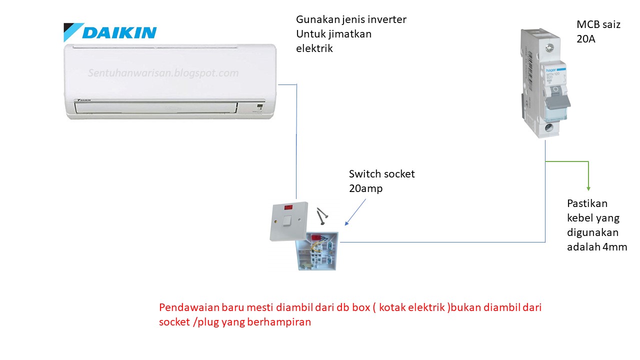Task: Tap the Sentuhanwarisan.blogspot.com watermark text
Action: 163,73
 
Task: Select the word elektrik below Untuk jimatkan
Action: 314,48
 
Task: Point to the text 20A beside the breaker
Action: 585,39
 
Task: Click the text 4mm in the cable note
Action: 617,247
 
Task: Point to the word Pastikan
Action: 587,203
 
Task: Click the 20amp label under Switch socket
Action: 365,188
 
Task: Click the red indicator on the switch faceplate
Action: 288,206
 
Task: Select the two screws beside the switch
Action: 322,215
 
